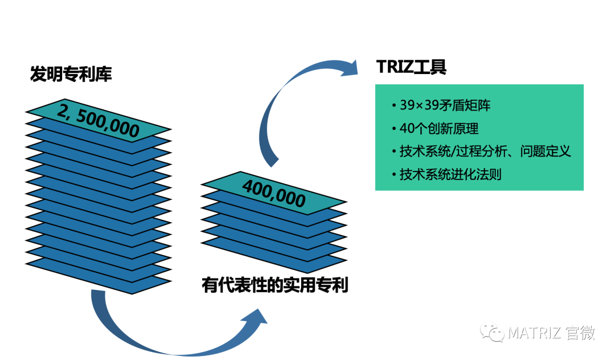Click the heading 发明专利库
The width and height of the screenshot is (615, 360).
tap(71, 73)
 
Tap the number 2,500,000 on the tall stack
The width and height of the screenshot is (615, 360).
tap(98, 121)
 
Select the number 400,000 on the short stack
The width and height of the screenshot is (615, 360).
tap(274, 193)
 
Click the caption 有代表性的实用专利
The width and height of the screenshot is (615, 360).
tap(274, 285)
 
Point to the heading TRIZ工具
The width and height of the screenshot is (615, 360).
tap(411, 67)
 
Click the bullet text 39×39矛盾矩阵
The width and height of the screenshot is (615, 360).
tap(445, 105)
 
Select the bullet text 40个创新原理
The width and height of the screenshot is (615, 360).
tap(439, 128)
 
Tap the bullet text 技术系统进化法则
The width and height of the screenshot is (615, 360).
tap(450, 174)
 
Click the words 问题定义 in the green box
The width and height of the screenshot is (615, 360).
tap(545, 151)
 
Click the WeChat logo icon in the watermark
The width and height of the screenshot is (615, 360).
tap(492, 332)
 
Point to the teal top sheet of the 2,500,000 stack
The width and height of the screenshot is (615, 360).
tap(98, 121)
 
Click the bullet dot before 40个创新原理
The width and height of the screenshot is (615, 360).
tap(394, 129)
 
